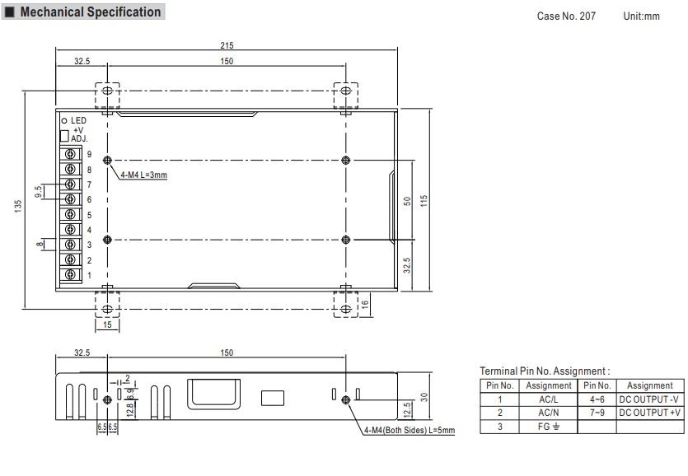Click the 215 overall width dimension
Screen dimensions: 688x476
(x=227, y=45)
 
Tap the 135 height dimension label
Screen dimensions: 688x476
(x=18, y=206)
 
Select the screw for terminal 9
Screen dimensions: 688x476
(x=70, y=154)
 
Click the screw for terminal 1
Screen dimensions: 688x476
(x=70, y=274)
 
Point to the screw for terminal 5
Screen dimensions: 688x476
(x=70, y=214)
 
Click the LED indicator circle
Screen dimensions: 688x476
(x=64, y=120)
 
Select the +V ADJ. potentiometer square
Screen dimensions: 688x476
(x=64, y=136)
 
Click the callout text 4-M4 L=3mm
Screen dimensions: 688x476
(x=144, y=175)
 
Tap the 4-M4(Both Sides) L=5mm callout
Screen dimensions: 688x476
(x=410, y=431)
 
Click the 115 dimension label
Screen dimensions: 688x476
(x=424, y=202)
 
